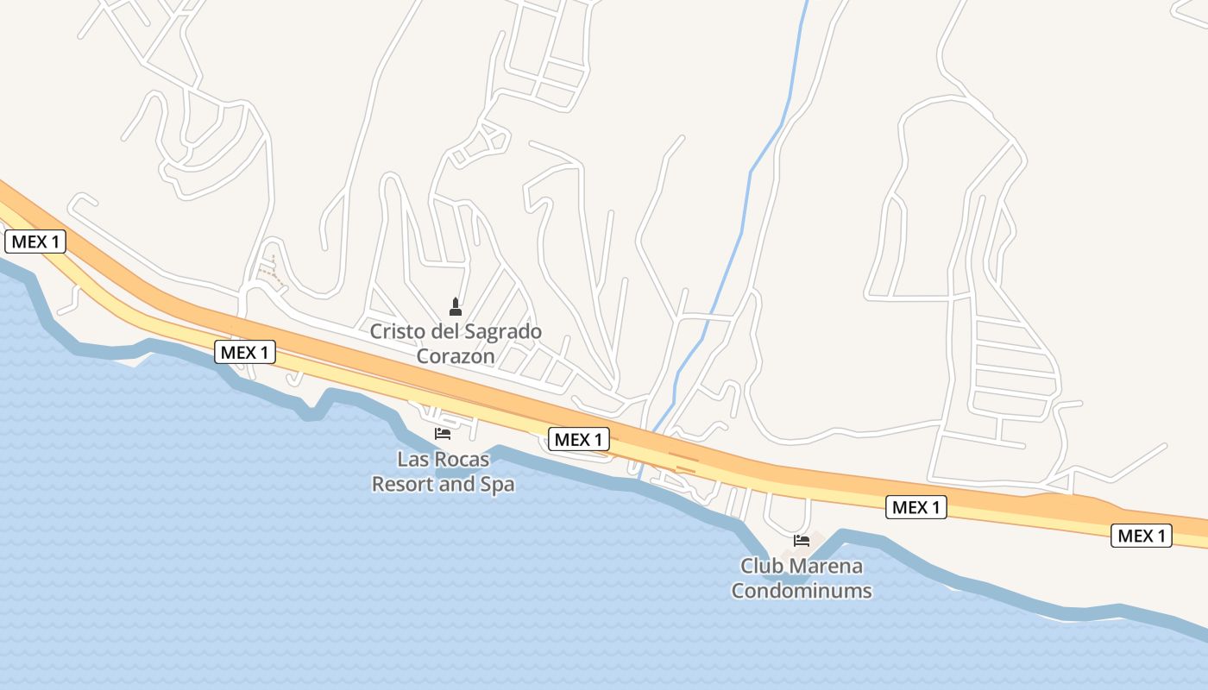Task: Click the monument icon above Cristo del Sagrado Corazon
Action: click(x=456, y=306)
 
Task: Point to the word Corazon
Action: click(x=456, y=355)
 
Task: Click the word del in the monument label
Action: click(x=440, y=331)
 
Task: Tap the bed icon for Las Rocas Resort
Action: click(x=443, y=433)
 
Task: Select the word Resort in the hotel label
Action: click(x=400, y=484)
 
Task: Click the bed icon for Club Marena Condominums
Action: click(x=802, y=541)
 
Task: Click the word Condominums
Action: click(x=802, y=591)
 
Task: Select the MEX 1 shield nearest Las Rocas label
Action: click(x=579, y=440)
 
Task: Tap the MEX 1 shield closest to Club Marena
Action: click(x=916, y=507)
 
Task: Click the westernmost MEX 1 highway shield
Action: click(x=35, y=241)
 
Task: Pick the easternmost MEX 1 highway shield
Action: click(x=1142, y=536)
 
